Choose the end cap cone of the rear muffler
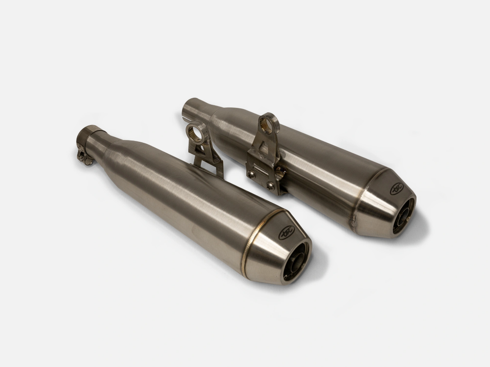383,204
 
